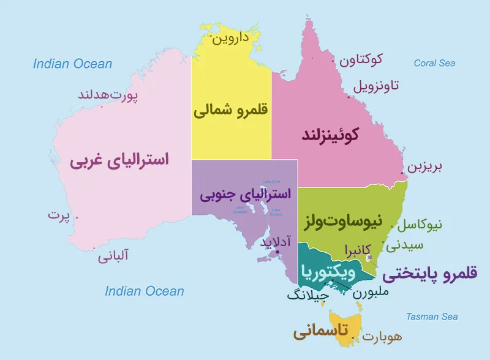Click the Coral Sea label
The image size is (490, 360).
tap(434, 63)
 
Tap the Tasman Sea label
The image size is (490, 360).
tap(432, 317)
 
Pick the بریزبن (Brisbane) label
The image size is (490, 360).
tap(425, 167)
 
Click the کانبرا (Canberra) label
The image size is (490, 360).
tap(358, 250)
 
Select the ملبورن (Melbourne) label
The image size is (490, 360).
tap(371, 292)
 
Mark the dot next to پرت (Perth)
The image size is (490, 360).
tap(77, 216)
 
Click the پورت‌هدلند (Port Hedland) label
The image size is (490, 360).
tap(108, 95)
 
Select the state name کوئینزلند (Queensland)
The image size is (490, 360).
tap(330, 134)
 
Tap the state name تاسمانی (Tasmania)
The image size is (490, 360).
tap(320, 332)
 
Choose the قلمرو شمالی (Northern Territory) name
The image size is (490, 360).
tap(232, 111)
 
